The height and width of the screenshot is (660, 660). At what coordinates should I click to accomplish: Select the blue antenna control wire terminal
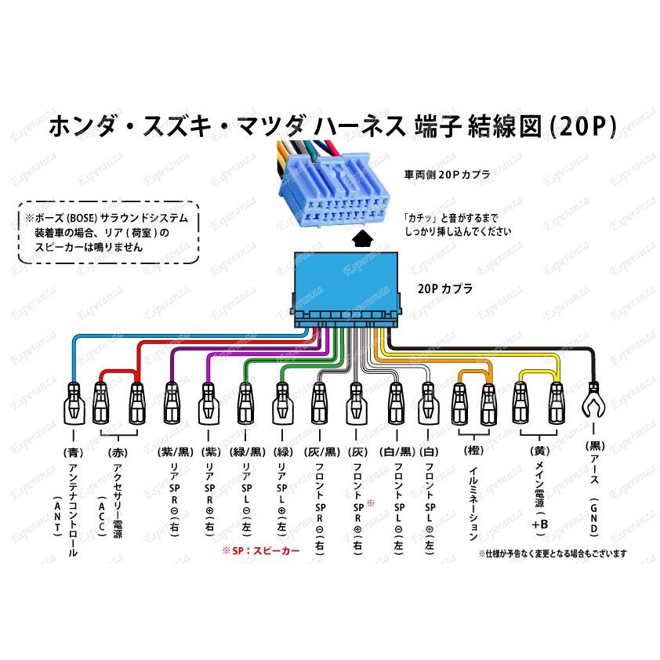[74, 399]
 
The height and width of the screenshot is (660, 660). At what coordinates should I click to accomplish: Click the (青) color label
[74, 452]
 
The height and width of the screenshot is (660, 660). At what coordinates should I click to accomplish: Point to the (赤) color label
[117, 452]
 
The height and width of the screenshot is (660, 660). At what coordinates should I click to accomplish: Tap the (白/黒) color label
[394, 452]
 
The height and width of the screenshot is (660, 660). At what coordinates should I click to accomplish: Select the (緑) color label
[281, 452]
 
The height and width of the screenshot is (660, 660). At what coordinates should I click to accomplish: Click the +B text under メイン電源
[540, 524]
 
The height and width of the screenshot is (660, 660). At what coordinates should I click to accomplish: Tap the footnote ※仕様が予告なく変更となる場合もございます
[553, 553]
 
